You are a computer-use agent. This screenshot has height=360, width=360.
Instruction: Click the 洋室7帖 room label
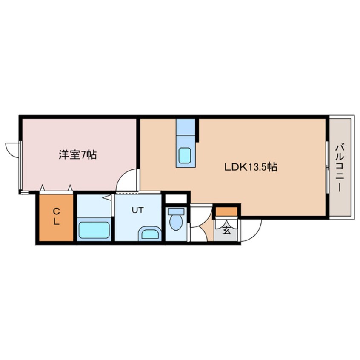coord(77,155)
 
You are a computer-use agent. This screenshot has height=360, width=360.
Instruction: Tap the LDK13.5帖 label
coord(251,167)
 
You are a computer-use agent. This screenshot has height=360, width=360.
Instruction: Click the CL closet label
coord(56,216)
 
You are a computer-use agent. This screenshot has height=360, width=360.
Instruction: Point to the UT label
coord(138,210)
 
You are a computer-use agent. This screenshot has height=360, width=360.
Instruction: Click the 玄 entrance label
coord(226,231)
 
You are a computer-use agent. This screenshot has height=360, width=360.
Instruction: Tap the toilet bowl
coord(176,223)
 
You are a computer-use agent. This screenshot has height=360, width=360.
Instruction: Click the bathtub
coord(94,230)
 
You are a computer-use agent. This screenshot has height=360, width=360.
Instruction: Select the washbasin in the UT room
coord(150,234)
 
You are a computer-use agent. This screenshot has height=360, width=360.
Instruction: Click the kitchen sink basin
coord(185,155)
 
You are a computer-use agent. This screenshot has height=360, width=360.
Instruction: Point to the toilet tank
coord(176,211)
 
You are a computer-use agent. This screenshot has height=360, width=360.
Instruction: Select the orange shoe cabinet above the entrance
coord(226,211)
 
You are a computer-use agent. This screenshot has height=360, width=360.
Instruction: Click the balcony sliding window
coord(327,167)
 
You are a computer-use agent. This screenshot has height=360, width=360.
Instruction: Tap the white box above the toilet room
coord(176,199)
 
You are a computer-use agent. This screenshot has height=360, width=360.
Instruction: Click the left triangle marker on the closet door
coord(42,187)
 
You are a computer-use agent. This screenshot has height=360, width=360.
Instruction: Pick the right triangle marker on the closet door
coord(70,187)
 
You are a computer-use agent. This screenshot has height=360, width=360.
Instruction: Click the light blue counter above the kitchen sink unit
coord(186,127)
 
